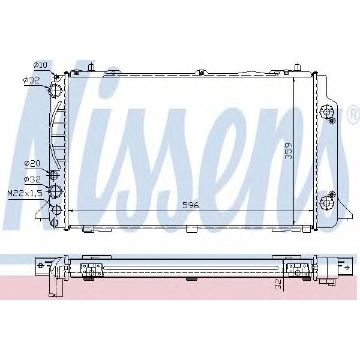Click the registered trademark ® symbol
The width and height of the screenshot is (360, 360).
(x=352, y=112)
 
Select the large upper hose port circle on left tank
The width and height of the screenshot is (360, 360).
(x=55, y=90)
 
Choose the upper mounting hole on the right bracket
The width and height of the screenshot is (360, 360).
(x=327, y=111)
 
